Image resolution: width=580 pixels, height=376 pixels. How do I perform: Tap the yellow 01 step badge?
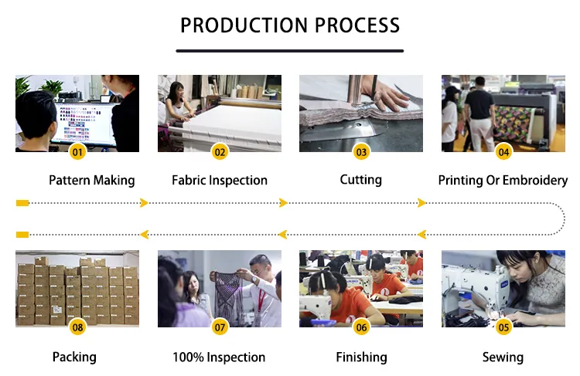[77, 151]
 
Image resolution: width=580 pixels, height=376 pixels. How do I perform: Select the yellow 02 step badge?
[220, 151]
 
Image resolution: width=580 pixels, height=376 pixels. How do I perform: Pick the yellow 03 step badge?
[361, 151]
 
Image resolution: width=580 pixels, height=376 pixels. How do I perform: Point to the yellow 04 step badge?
[503, 151]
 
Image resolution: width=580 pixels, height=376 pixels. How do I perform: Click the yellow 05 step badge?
[503, 327]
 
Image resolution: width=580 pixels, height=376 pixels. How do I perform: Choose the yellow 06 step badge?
[361, 327]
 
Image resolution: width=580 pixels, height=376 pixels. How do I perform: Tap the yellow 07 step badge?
[220, 327]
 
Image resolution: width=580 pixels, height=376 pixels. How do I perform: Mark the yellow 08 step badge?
[77, 327]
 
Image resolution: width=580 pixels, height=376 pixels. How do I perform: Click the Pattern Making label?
[91, 181]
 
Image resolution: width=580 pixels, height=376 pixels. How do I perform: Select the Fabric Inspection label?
[220, 181]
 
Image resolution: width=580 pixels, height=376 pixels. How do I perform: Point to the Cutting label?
[361, 180]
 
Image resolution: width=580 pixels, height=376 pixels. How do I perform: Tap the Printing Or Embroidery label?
[503, 181]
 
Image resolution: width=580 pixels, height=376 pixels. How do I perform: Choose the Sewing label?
[503, 357]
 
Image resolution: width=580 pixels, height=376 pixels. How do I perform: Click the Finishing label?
[361, 357]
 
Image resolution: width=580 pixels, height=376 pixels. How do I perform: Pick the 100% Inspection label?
[220, 357]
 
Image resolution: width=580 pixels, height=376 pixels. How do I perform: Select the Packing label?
[74, 357]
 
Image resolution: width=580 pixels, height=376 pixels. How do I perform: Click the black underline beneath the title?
[290, 51]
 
